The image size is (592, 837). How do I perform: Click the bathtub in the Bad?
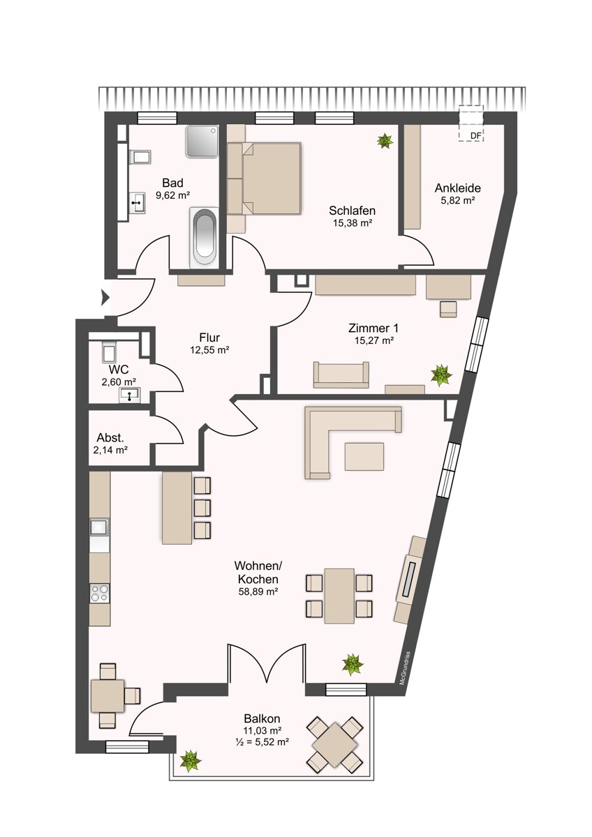pyautogui.click(x=204, y=238)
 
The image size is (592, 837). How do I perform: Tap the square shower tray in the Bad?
pyautogui.click(x=202, y=142)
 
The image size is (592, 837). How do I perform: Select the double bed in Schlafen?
pyautogui.click(x=271, y=179)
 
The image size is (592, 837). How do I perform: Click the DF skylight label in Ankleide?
pyautogui.click(x=475, y=135)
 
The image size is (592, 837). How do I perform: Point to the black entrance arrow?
pyautogui.click(x=105, y=298)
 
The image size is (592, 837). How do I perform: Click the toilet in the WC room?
pyautogui.click(x=109, y=352)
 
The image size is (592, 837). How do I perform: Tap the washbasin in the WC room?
pyautogui.click(x=130, y=395)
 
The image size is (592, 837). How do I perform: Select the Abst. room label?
pyautogui.click(x=110, y=437)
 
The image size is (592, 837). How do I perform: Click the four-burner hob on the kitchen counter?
pyautogui.click(x=100, y=594)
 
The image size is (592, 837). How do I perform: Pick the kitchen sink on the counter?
pyautogui.click(x=100, y=527)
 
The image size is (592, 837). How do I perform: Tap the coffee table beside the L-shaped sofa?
pyautogui.click(x=364, y=457)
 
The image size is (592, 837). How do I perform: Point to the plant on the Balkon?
pyautogui.click(x=191, y=760)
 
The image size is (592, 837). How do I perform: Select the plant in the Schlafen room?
pyautogui.click(x=385, y=141)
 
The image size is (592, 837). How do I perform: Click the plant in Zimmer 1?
pyautogui.click(x=441, y=375)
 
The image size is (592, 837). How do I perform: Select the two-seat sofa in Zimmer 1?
pyautogui.click(x=341, y=375)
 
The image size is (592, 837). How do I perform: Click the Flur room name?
pyautogui.click(x=209, y=338)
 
